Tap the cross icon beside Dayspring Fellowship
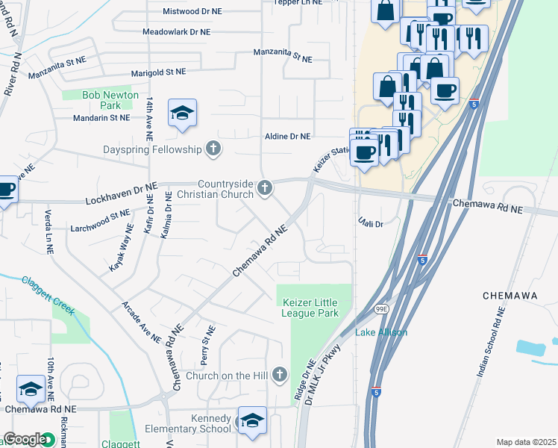(x=213, y=149)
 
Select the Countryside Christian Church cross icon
(x=265, y=188)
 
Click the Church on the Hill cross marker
(x=279, y=374)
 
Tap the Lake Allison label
(x=380, y=332)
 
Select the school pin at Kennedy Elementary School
(x=252, y=420)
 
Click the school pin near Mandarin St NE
(x=182, y=113)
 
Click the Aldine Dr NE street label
(x=287, y=136)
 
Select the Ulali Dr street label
(x=369, y=223)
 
